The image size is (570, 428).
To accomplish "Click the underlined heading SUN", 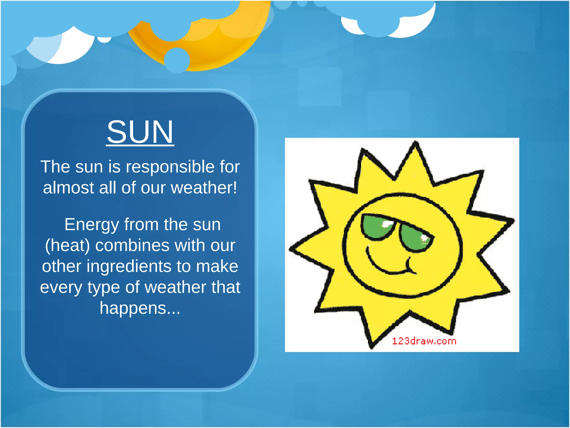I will click(140, 132).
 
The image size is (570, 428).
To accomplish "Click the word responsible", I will click(170, 167).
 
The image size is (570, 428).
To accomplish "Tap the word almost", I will click(68, 188).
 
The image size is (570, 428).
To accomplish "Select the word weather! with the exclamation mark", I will click(204, 188).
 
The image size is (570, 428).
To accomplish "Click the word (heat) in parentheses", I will click(67, 245).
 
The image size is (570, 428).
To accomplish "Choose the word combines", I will click(132, 245).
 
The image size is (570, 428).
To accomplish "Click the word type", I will click(104, 287).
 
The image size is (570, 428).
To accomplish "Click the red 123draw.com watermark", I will click(424, 341).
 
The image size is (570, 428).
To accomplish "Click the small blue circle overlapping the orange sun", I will click(177, 60).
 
